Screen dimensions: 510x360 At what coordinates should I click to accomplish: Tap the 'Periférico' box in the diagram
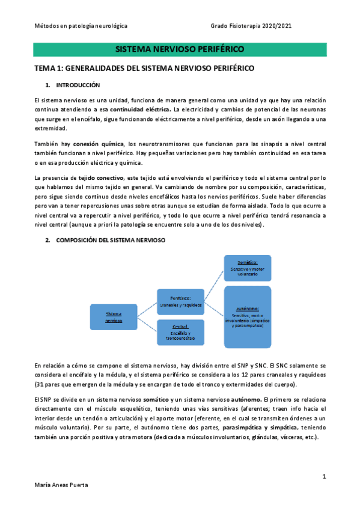[180, 301]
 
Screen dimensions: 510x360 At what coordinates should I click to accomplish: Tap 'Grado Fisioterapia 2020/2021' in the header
[252, 26]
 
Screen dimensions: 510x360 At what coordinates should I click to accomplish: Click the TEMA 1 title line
[144, 68]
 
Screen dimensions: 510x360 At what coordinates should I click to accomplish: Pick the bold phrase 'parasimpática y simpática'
[260, 428]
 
